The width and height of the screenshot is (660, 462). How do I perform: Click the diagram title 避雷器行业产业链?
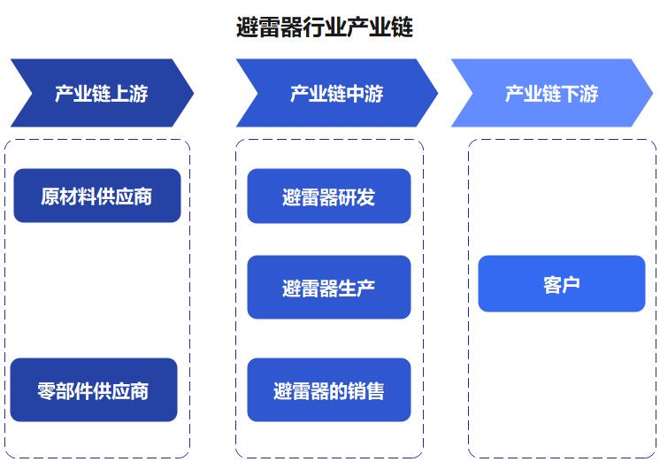point(325,27)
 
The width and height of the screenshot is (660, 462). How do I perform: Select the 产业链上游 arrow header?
point(102,93)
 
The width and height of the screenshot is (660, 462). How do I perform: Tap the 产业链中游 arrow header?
point(337,93)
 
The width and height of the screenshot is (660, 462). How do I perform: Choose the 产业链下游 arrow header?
point(552,93)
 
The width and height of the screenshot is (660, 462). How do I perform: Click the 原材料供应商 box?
point(97,196)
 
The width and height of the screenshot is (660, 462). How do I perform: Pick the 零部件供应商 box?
point(94,390)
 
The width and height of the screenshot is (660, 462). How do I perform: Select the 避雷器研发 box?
point(329,196)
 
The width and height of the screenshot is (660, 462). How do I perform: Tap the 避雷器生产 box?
point(329,288)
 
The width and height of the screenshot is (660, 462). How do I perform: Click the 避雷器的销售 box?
point(329,390)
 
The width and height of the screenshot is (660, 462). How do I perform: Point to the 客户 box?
point(562,283)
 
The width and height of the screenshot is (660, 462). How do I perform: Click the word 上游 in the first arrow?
point(130,94)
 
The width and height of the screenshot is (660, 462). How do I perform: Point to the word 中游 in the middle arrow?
point(365,94)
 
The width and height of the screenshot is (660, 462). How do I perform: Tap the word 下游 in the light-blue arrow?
point(579,94)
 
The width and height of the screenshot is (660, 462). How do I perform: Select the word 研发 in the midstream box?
point(357,197)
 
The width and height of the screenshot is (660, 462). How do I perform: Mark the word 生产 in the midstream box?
point(357,289)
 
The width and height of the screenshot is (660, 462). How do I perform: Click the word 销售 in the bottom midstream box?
point(365,391)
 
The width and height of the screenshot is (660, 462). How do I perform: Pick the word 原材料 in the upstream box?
point(69,196)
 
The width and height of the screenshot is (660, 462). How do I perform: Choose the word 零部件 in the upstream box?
point(65,391)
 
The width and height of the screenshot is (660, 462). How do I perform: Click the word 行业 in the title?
point(325,27)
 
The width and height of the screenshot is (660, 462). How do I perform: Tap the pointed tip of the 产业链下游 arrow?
point(652,93)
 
